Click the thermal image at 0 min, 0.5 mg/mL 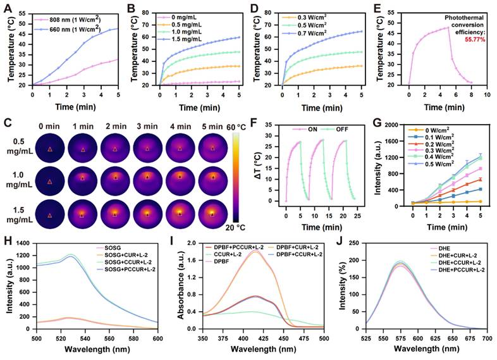tap(49, 149)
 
